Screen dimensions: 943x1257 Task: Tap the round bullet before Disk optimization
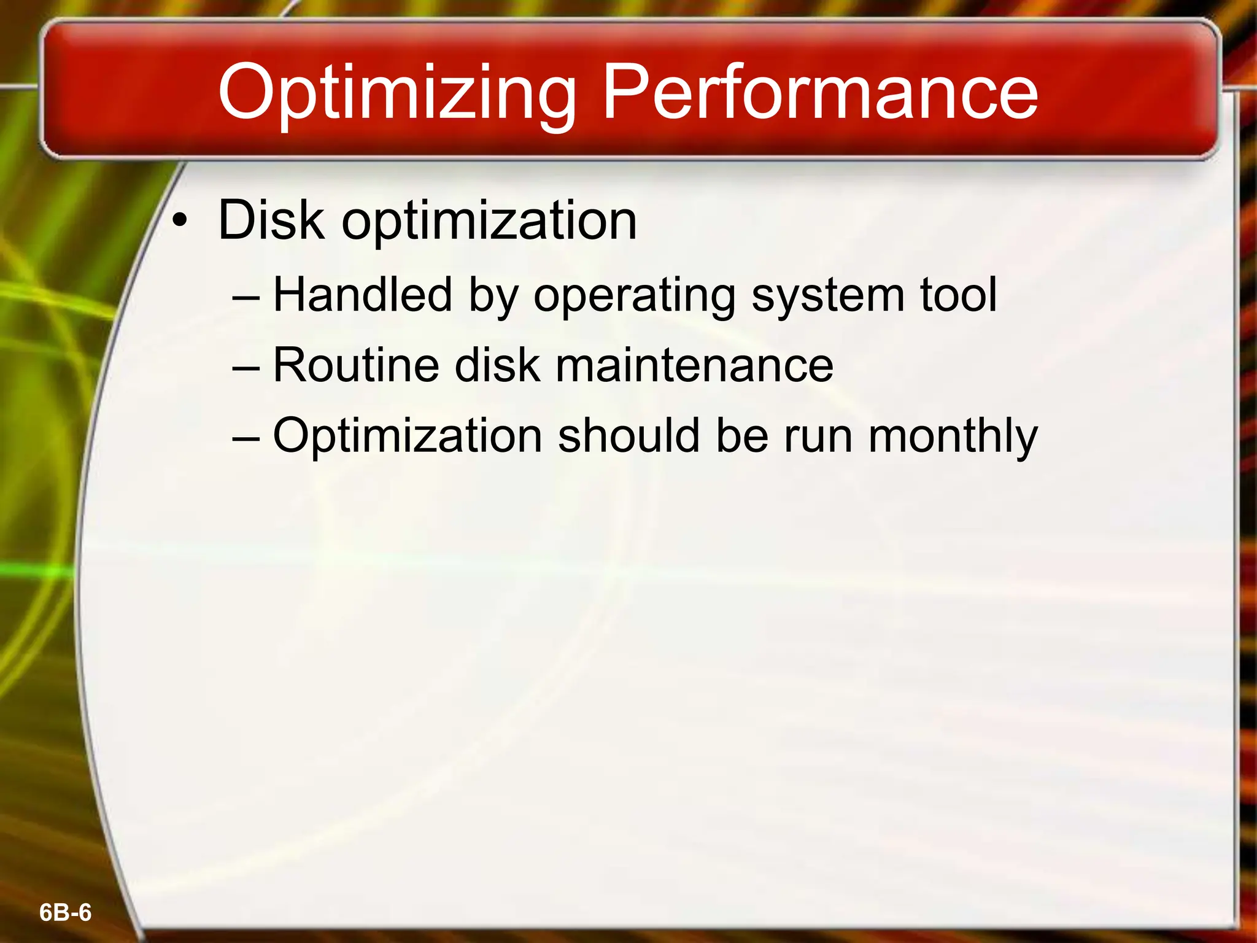point(179,222)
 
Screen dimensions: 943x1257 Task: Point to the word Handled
point(362,295)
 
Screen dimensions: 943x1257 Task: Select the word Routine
point(356,365)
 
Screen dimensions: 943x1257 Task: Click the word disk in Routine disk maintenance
point(497,365)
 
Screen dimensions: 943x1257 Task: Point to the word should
point(628,435)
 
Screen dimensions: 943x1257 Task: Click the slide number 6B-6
point(65,913)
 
